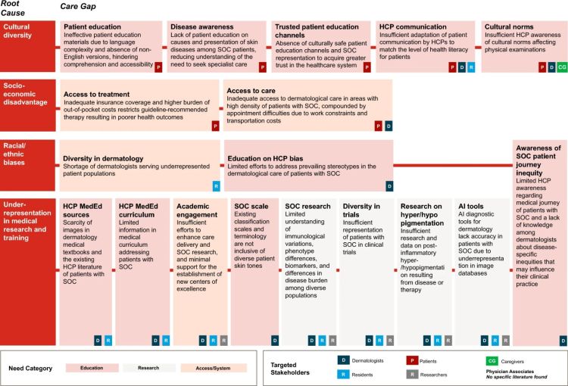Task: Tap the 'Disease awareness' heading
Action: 201,26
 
